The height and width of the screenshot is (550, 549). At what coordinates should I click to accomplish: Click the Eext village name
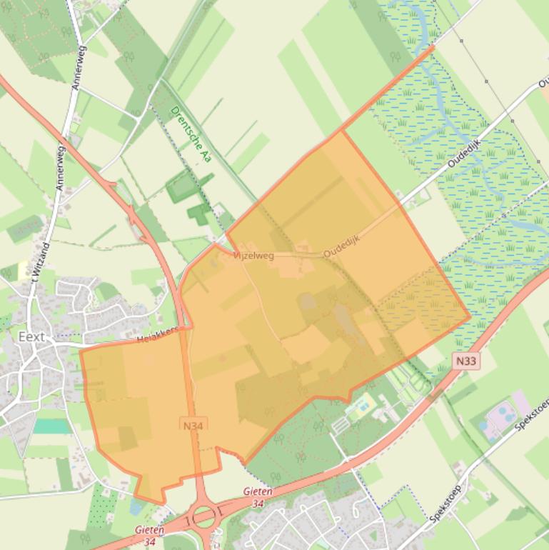pos(32,336)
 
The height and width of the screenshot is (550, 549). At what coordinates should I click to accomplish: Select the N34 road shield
pos(193,426)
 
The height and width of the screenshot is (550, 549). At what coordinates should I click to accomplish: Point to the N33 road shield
pos(465,361)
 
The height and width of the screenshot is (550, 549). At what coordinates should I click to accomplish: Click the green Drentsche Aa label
pos(191,134)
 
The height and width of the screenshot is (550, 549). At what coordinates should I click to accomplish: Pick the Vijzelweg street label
pos(253,255)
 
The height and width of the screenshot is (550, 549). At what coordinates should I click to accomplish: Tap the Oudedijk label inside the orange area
pos(341,246)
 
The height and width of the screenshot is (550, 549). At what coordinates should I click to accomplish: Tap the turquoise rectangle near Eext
pos(51,426)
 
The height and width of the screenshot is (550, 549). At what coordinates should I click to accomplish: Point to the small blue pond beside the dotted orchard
pos(136,506)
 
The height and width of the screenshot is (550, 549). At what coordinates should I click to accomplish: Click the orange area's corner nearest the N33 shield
pos(470,315)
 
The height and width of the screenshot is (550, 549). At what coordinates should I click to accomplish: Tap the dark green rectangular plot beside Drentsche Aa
pos(183,188)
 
